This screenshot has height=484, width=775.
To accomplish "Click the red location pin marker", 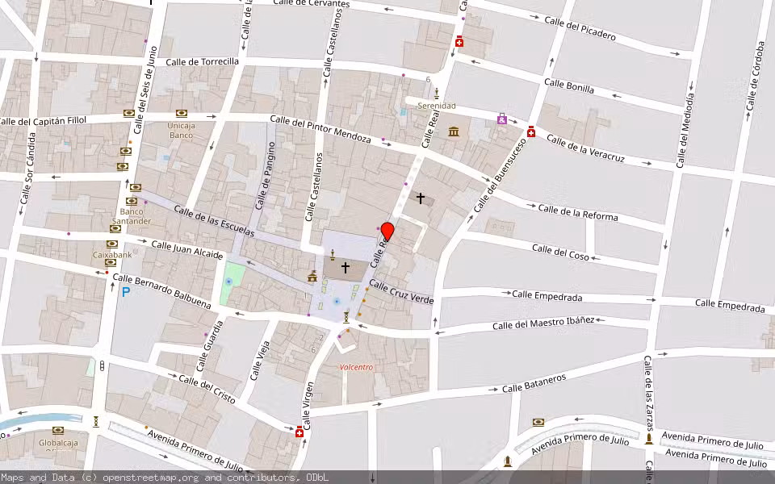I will pos(387,232).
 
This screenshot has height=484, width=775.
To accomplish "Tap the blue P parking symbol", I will pos(125,291).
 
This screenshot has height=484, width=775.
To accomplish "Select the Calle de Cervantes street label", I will pos(311,3).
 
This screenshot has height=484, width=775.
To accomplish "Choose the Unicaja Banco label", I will pos(181,130).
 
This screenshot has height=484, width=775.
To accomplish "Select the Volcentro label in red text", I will pos(356,367).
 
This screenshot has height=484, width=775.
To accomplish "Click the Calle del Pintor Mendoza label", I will pos(320,130).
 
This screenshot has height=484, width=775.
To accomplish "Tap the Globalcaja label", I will pos(58,443).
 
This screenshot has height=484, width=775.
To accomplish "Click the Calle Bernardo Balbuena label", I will pos(161,290).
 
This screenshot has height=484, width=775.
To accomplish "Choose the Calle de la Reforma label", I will pos(578,213).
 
